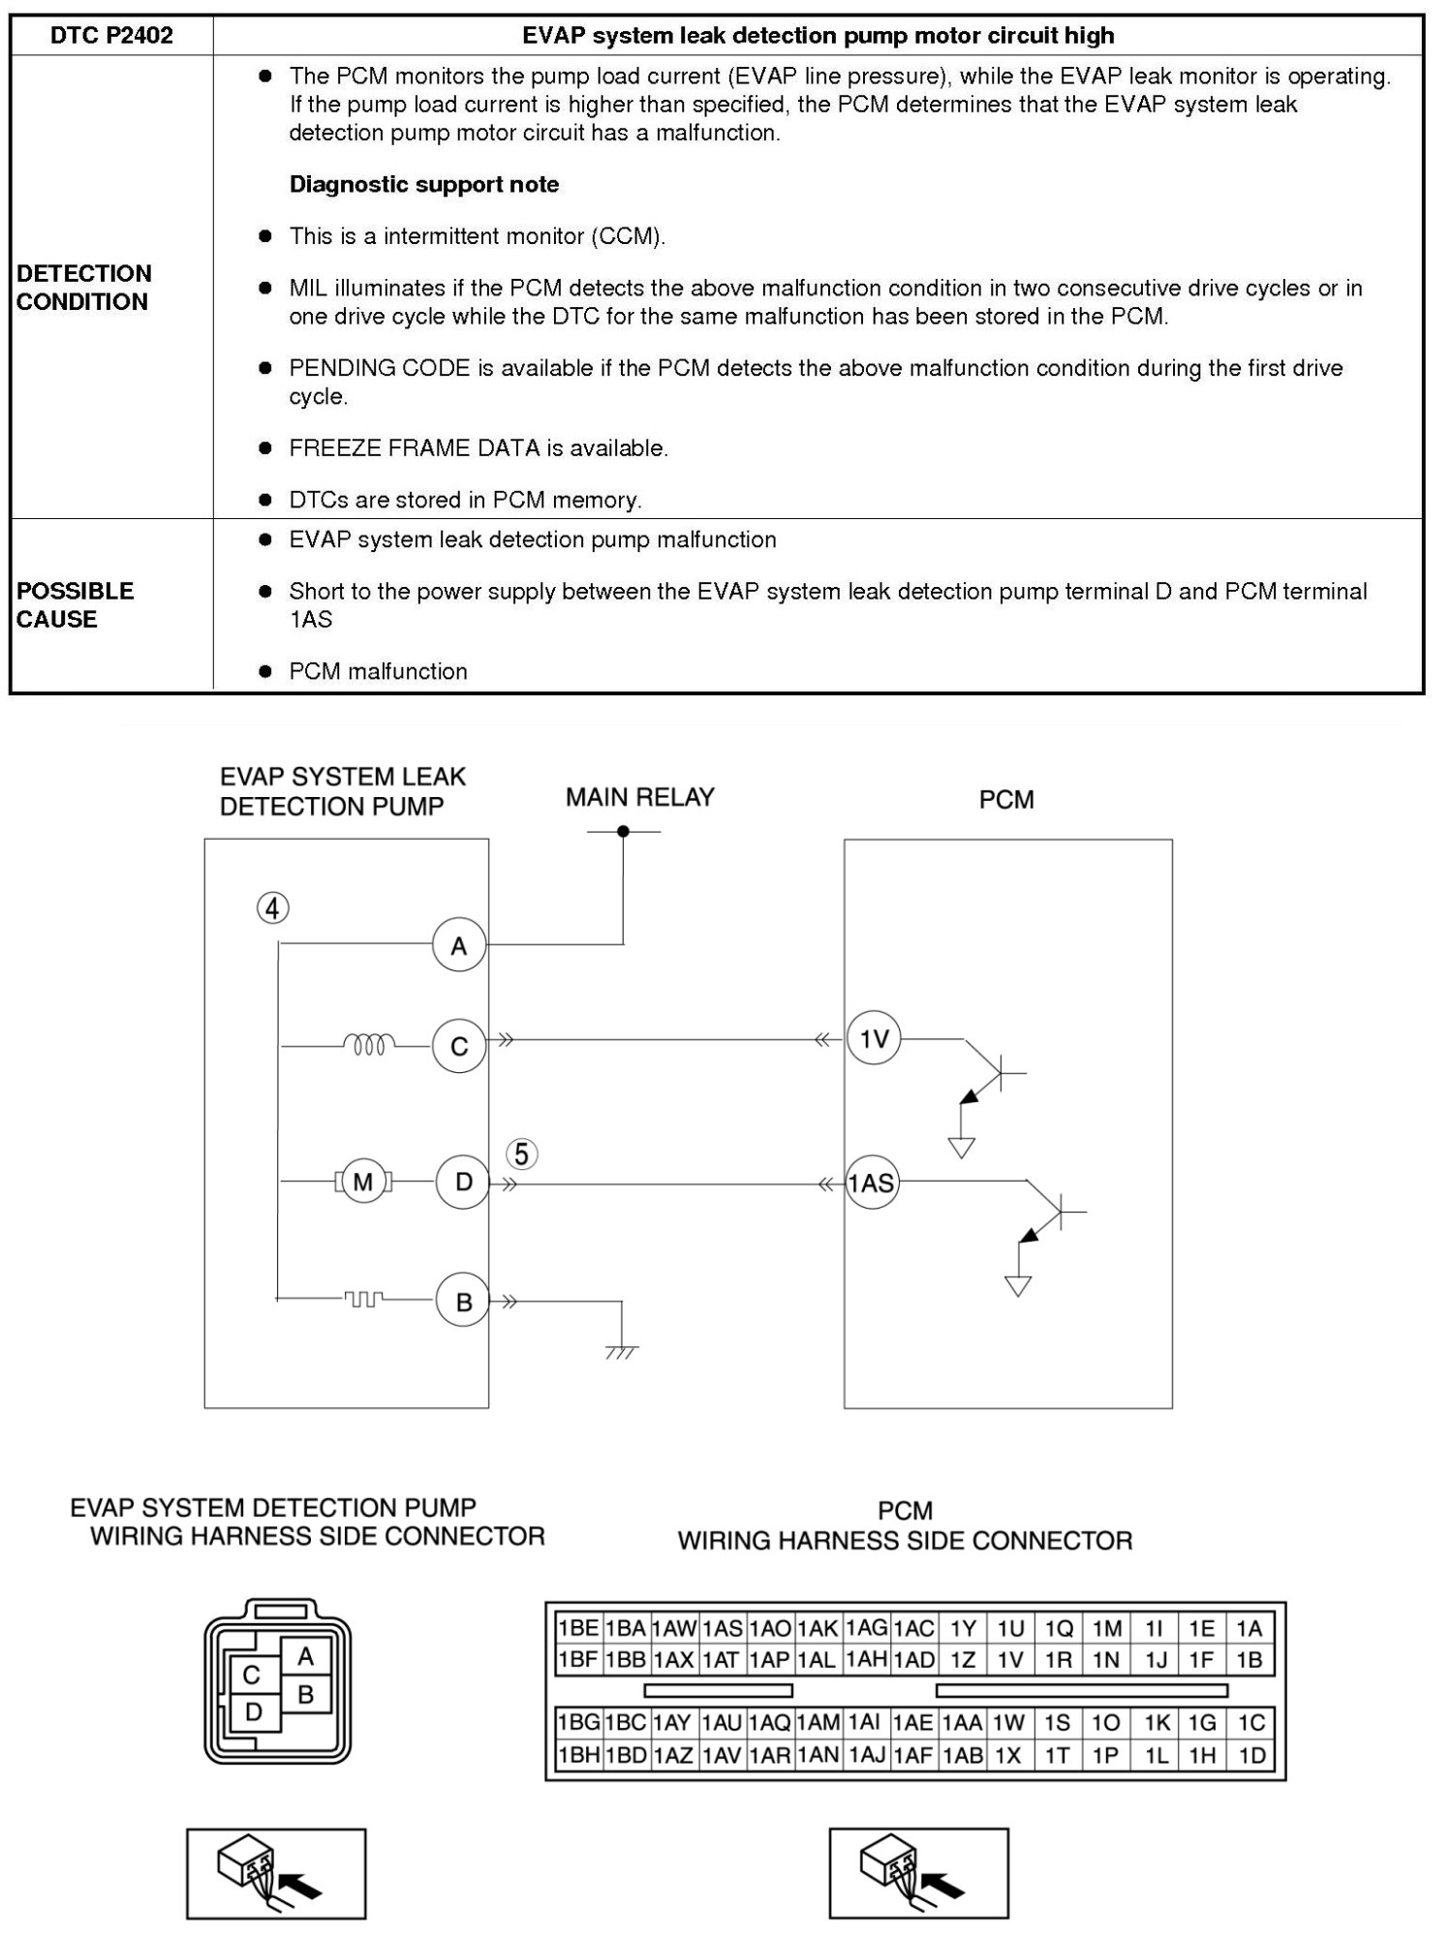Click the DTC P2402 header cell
tap(111, 36)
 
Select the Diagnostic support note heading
tap(423, 184)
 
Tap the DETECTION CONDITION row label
tap(83, 288)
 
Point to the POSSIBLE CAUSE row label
tap(75, 605)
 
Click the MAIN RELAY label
tap(639, 797)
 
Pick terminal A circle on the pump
tap(459, 945)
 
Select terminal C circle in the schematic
tap(459, 1046)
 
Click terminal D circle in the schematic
tap(463, 1182)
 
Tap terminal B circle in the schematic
tap(463, 1302)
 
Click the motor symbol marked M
tap(363, 1182)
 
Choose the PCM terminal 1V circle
tap(874, 1039)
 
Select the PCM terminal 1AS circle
tap(872, 1183)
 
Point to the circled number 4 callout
tap(273, 908)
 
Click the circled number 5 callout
tap(522, 1154)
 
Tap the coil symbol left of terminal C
tap(369, 1044)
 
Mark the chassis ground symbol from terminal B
tap(622, 1350)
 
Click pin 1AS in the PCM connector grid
tap(723, 1628)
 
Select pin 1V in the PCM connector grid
tap(1010, 1660)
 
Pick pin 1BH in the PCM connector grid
tap(578, 1755)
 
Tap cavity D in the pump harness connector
tap(254, 1711)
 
